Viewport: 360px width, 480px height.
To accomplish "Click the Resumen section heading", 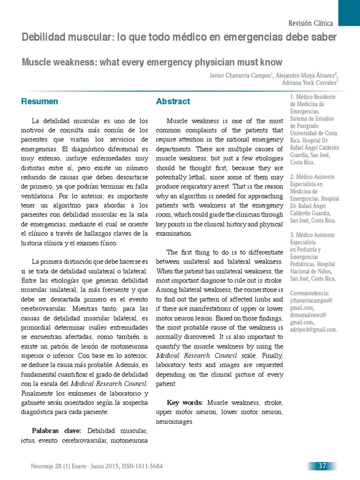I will pyautogui.click(x=40, y=101).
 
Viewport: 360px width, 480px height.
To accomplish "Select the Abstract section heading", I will pyautogui.click(x=173, y=101).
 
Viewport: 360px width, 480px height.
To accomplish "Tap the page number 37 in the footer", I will pyautogui.click(x=322, y=466).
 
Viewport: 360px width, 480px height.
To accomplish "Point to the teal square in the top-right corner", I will pyautogui.click(x=349, y=13).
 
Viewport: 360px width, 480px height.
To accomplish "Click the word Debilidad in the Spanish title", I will pyautogui.click(x=42, y=37).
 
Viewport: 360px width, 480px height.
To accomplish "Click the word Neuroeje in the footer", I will pyautogui.click(x=42, y=466).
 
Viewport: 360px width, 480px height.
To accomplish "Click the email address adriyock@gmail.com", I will pyautogui.click(x=314, y=330).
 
